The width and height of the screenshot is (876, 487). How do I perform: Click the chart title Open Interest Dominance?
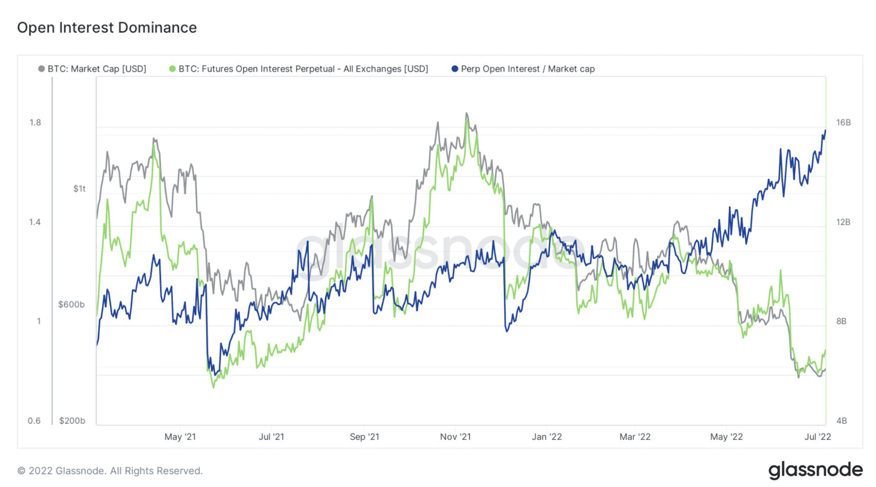(x=107, y=28)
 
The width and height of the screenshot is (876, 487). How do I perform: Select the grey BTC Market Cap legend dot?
(x=41, y=69)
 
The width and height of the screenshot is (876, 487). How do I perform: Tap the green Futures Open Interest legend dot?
(x=172, y=69)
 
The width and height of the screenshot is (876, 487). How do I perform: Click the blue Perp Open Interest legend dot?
(x=455, y=69)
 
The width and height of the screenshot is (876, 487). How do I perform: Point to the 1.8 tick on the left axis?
(x=35, y=123)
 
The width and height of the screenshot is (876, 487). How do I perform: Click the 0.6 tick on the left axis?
(x=34, y=421)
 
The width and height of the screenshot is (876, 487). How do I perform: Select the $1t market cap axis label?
(x=79, y=189)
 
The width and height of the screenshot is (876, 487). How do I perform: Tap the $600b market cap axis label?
(x=71, y=305)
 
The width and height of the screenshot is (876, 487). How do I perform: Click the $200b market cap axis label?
(x=72, y=421)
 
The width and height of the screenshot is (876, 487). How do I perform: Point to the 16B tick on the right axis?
(x=843, y=123)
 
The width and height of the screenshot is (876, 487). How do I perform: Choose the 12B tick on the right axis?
(x=843, y=222)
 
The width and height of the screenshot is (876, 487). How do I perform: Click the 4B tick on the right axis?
(x=841, y=421)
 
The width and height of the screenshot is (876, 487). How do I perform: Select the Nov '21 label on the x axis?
(x=456, y=437)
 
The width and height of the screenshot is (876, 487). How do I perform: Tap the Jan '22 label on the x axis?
(x=547, y=437)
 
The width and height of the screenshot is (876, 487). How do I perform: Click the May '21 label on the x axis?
(x=180, y=437)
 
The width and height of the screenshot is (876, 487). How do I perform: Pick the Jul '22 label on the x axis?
(x=817, y=437)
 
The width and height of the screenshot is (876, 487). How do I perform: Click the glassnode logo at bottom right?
(x=815, y=470)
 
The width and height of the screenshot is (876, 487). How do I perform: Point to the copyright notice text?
(x=110, y=471)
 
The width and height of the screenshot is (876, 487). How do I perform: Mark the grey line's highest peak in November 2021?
(x=467, y=113)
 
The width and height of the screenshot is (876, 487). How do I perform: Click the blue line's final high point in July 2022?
(x=825, y=130)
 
